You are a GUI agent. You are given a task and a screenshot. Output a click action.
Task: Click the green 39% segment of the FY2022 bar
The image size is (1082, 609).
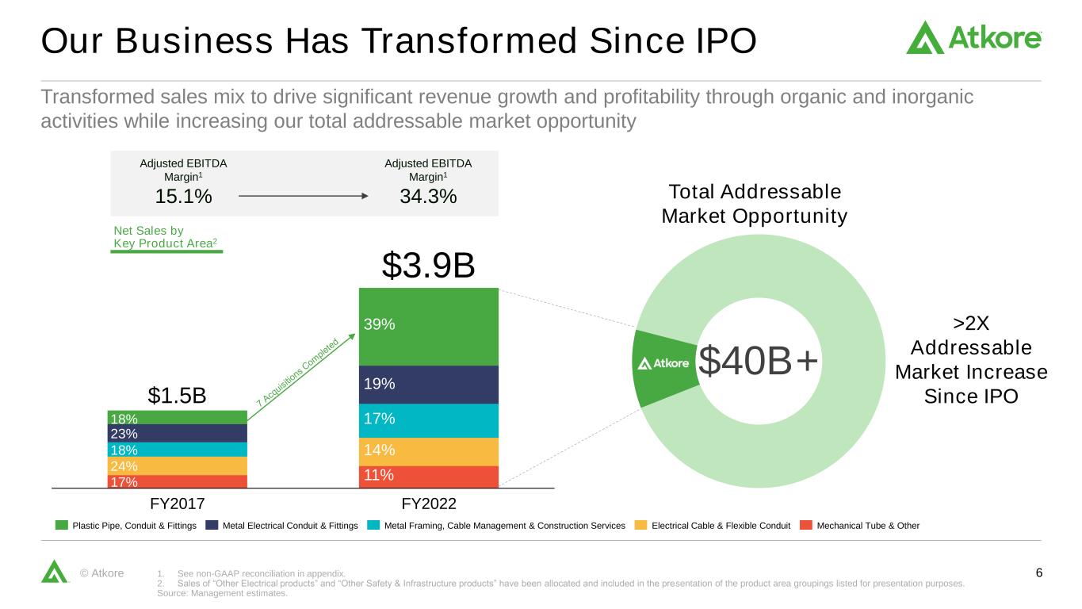tap(428, 326)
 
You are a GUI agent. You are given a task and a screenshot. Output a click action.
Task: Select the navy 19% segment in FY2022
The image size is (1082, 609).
tap(428, 385)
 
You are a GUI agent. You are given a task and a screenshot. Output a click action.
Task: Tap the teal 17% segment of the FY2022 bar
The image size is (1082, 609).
tap(428, 420)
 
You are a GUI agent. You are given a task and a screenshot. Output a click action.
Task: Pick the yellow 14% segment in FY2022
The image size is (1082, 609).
tap(428, 451)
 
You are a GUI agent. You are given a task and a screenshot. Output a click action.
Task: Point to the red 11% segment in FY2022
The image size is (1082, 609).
tap(428, 476)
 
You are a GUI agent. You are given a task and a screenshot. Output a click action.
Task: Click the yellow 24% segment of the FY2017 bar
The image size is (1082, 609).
tap(178, 466)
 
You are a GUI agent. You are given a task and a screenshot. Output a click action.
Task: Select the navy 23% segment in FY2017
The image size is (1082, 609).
tap(178, 434)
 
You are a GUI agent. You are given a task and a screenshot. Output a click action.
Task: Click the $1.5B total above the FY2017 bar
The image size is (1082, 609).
tap(178, 395)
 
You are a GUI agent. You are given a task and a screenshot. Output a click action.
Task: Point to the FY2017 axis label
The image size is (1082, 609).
tap(178, 504)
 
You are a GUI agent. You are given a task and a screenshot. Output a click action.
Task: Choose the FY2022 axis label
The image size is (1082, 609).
tap(428, 504)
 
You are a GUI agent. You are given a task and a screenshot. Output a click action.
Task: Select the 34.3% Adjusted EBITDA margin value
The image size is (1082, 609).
tap(427, 196)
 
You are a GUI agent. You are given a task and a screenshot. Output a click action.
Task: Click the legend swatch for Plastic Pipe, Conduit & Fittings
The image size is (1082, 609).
tap(61, 525)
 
